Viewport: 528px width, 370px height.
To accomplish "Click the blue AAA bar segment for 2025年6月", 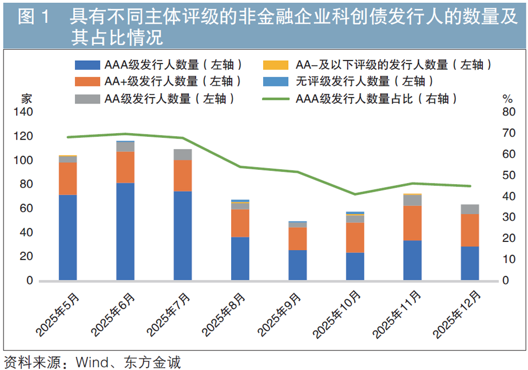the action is [x=125, y=232].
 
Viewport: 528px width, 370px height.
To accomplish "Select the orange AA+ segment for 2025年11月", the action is [x=412, y=223].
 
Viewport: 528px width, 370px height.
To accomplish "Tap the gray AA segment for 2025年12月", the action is [x=470, y=209].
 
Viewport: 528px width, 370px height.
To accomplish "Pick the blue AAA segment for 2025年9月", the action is [x=297, y=265].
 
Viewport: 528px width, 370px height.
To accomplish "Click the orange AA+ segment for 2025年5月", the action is [x=68, y=179].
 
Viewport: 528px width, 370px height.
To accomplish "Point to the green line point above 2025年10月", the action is [x=355, y=194].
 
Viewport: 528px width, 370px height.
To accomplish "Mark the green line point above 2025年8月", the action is [x=240, y=166].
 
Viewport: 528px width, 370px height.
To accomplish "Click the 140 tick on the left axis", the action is [x=23, y=112].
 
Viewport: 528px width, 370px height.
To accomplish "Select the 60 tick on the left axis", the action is [x=26, y=208].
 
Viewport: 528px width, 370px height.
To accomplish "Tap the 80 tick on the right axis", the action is [x=509, y=112].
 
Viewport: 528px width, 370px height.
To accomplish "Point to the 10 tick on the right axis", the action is [x=509, y=259].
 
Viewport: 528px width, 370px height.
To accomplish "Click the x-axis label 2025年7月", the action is [x=168, y=315].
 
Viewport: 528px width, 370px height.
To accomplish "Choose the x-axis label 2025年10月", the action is [x=337, y=315].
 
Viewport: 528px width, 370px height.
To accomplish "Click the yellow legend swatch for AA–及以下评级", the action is [x=276, y=65].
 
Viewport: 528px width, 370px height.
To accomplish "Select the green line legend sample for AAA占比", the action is [x=276, y=99].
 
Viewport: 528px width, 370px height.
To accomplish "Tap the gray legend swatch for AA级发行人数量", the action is [x=88, y=99].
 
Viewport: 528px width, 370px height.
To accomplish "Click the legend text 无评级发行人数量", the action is [x=343, y=81].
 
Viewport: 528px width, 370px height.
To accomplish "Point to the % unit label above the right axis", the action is [x=507, y=99].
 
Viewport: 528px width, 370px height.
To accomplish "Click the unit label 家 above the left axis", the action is [x=27, y=98].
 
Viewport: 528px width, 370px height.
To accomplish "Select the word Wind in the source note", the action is [x=92, y=363].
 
